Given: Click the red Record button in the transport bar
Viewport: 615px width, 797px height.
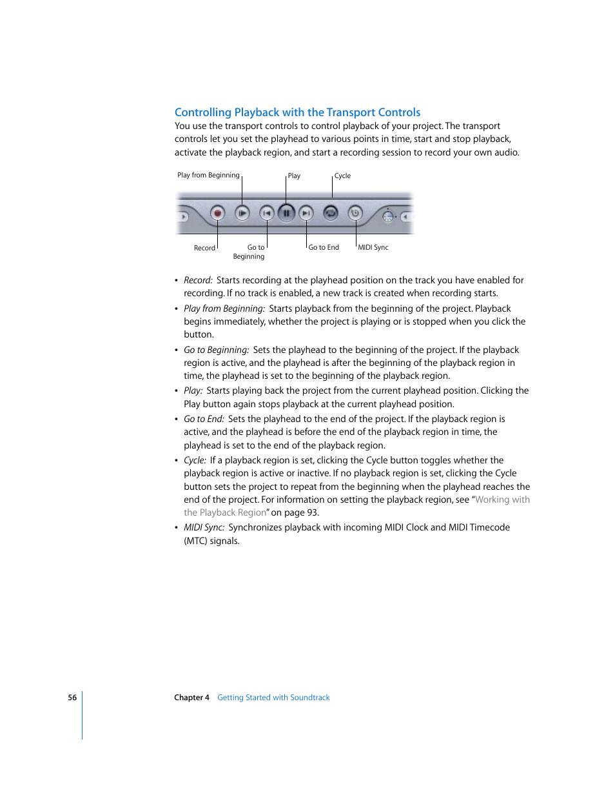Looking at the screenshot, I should point(218,213).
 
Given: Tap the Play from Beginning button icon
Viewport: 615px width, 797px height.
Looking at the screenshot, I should point(242,213).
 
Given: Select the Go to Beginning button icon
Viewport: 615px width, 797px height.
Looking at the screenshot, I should point(267,213).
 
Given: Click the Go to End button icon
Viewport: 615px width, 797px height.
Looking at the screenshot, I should point(306,213).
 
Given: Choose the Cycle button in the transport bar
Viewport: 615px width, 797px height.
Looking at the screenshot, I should point(331,212).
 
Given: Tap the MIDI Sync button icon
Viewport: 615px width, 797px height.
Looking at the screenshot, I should point(355,213).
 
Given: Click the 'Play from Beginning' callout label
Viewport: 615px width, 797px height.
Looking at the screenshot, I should point(208,176).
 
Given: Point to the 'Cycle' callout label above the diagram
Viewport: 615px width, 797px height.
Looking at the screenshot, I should point(342,176).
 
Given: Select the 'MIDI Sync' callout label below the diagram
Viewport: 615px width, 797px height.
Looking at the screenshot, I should point(373,248).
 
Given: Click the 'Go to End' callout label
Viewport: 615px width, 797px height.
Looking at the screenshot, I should point(324,248).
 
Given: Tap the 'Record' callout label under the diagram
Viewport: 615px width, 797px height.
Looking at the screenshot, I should point(204,248).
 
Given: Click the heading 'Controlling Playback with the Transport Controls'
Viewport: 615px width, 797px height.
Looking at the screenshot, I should point(297,112).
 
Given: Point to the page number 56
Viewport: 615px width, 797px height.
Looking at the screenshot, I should point(72,698).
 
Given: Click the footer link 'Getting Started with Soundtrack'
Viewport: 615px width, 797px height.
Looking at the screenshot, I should point(273,698).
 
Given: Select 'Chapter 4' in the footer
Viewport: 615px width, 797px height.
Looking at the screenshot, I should point(191,698).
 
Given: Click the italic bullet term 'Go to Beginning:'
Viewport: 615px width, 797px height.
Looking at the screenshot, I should point(216,350).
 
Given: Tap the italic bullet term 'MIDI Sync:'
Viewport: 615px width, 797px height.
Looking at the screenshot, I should point(204,527).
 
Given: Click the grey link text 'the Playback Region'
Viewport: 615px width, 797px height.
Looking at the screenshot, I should point(225,512).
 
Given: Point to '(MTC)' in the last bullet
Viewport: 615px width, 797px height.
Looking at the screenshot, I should point(196,541).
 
